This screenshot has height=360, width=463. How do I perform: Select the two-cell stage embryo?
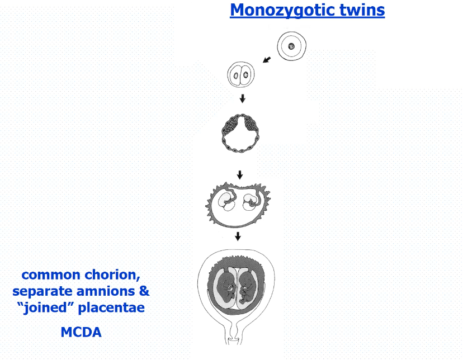click(x=241, y=75)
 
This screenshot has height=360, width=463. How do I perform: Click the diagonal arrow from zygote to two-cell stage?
click(x=267, y=59)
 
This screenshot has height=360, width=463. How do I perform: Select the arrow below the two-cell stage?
click(x=242, y=98)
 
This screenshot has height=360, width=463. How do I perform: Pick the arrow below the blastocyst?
click(x=240, y=174)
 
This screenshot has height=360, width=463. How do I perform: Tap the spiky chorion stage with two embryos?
click(x=239, y=204)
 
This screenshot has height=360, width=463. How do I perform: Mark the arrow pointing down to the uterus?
click(x=238, y=236)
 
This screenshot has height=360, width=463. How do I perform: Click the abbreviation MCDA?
click(x=81, y=332)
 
